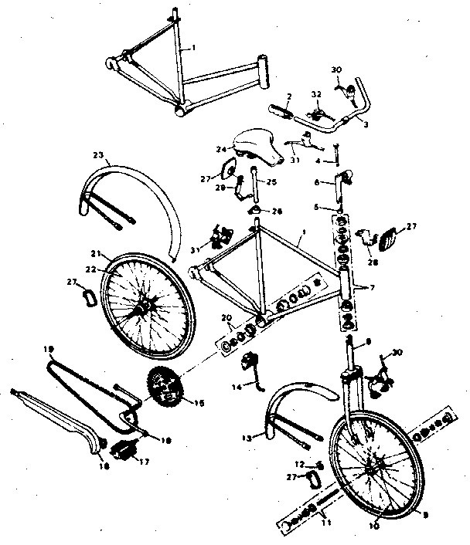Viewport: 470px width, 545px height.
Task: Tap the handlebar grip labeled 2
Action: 281,113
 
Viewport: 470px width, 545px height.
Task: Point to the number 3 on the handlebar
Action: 366,124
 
